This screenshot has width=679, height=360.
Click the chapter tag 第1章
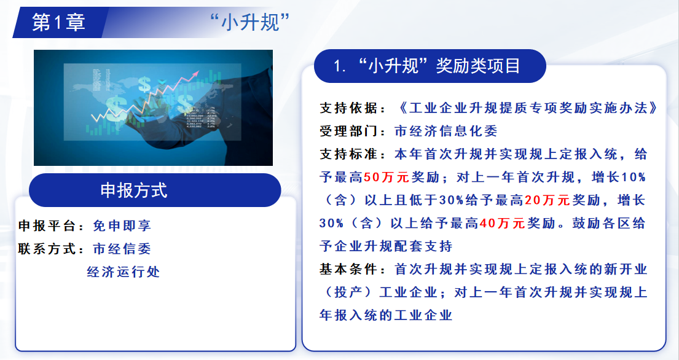coord(58,23)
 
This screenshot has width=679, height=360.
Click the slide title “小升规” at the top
coord(250,22)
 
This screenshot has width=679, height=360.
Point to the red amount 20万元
coord(548,200)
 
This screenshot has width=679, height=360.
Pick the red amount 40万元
coord(502,223)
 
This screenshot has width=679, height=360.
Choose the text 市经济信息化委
coord(446,131)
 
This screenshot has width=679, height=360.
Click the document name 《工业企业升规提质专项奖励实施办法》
coord(528,108)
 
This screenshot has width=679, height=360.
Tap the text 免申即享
coord(122,225)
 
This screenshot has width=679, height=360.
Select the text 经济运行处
coord(124,272)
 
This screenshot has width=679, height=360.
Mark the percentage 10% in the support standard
coord(634,177)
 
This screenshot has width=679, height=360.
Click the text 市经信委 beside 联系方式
coord(122,248)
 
